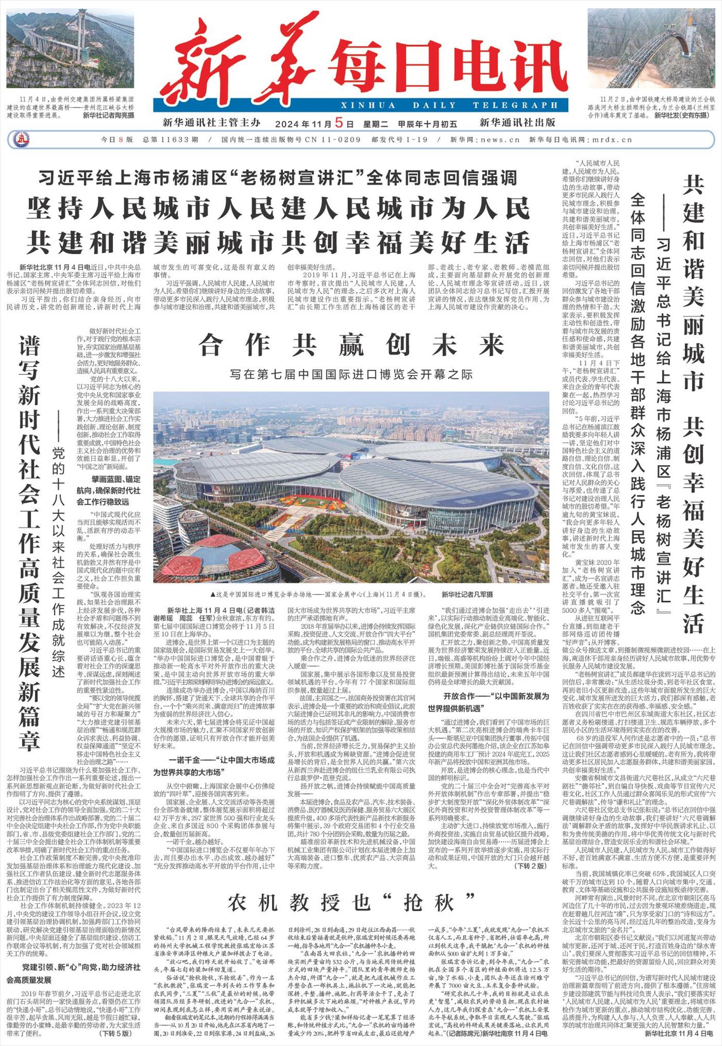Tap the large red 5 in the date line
[x=339, y=122]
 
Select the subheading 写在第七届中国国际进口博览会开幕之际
[x=351, y=374]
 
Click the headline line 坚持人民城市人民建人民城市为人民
[x=279, y=210]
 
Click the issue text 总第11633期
[x=170, y=140]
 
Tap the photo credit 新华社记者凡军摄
[x=467, y=594]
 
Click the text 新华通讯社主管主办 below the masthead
[x=211, y=122]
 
